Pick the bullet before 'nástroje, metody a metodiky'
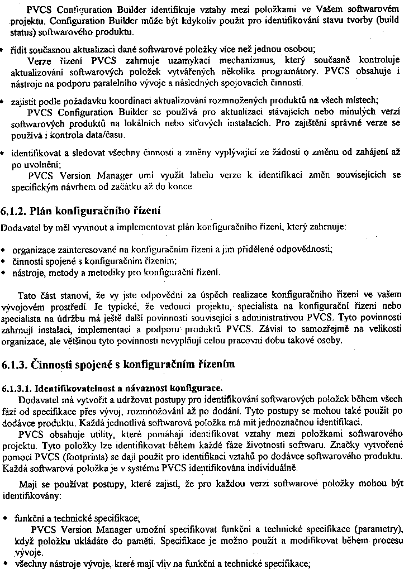(x=4, y=272)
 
